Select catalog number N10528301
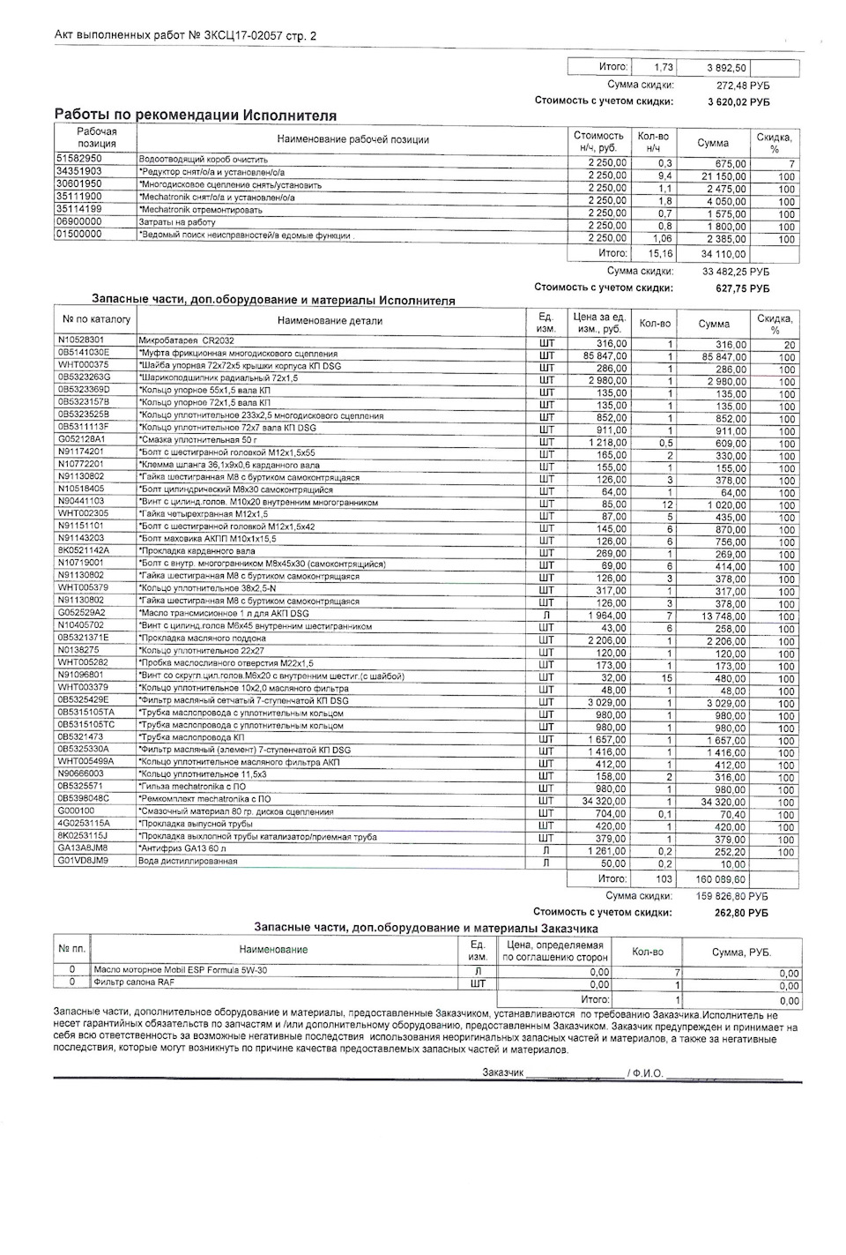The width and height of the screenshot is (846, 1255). [x=81, y=340]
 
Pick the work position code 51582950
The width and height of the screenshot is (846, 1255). [x=78, y=159]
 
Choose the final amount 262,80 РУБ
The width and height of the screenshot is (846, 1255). [x=740, y=913]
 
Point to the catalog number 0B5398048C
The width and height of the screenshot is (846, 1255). [x=85, y=798]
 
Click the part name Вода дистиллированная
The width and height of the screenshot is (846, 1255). [x=188, y=861]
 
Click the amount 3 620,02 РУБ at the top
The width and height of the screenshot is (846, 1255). [x=738, y=101]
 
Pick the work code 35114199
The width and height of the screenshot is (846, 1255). [x=78, y=209]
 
